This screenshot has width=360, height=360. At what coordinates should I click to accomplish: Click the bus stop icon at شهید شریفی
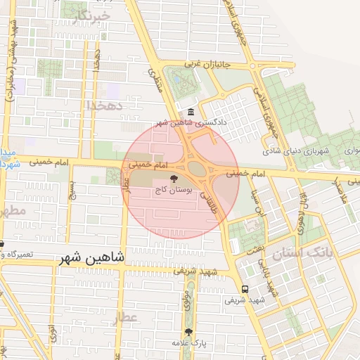(x=245, y=289)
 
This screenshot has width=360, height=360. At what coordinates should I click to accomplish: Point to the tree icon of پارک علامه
(x=188, y=332)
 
